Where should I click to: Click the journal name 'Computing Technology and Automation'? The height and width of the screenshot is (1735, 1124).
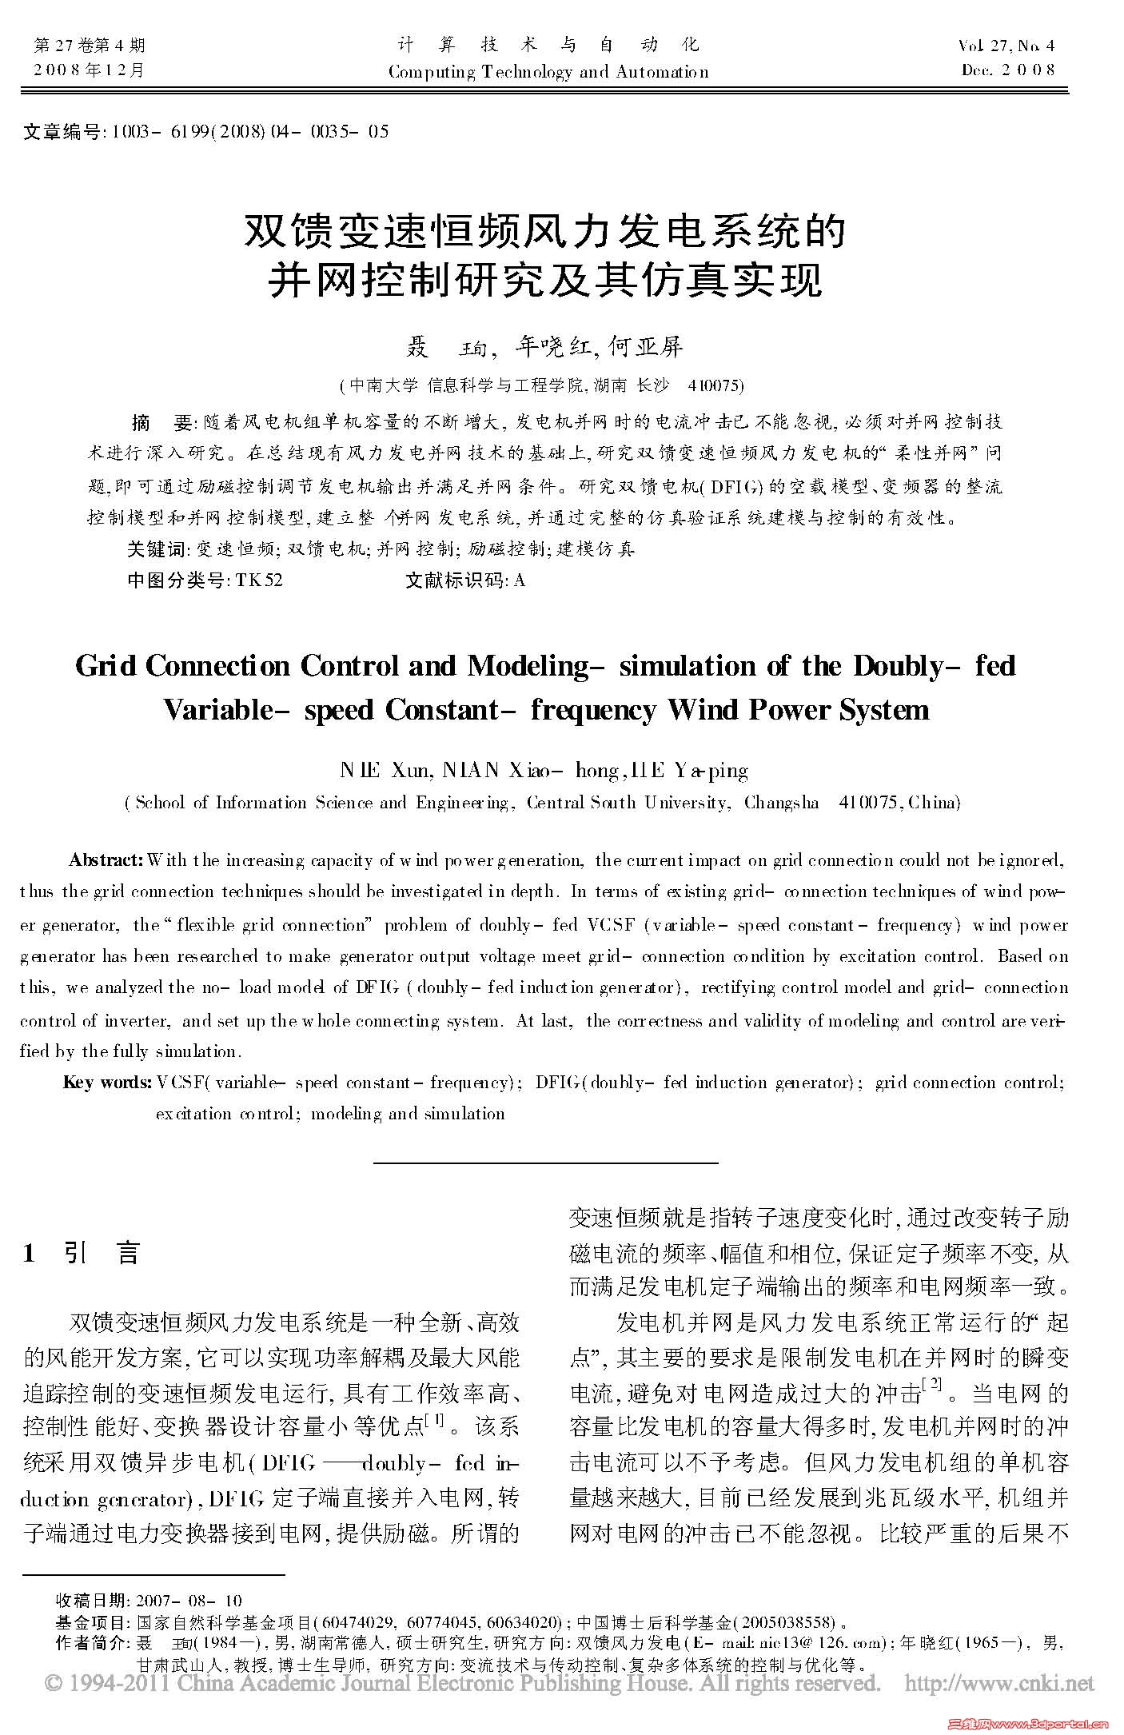tap(548, 71)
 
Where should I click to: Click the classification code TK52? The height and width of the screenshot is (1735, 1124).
tap(259, 580)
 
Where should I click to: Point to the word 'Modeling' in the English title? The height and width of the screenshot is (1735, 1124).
tap(527, 666)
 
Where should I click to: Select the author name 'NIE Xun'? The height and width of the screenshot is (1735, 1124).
tap(386, 771)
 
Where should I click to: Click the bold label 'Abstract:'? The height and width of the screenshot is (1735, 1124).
tap(106, 860)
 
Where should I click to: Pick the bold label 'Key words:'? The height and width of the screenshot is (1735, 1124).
tap(108, 1083)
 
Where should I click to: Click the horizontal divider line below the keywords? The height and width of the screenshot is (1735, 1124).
tap(546, 1162)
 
